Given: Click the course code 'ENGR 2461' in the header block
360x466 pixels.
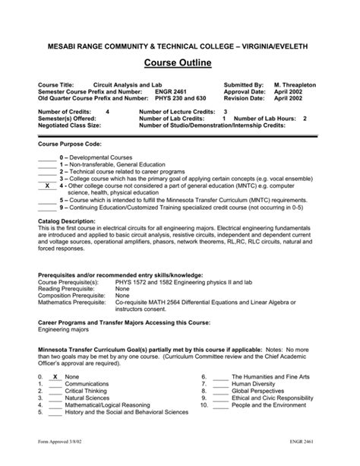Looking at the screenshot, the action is point(170,91).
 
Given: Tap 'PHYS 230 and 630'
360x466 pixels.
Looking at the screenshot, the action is point(179,98).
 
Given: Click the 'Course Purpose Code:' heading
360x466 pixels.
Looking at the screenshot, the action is point(69,144).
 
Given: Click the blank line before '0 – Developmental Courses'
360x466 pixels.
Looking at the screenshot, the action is point(46,157).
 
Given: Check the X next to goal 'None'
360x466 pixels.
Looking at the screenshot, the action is point(55,398).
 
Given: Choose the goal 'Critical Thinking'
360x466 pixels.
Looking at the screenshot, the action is point(87,411).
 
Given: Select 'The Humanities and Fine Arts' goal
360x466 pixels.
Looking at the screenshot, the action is point(270,398).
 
